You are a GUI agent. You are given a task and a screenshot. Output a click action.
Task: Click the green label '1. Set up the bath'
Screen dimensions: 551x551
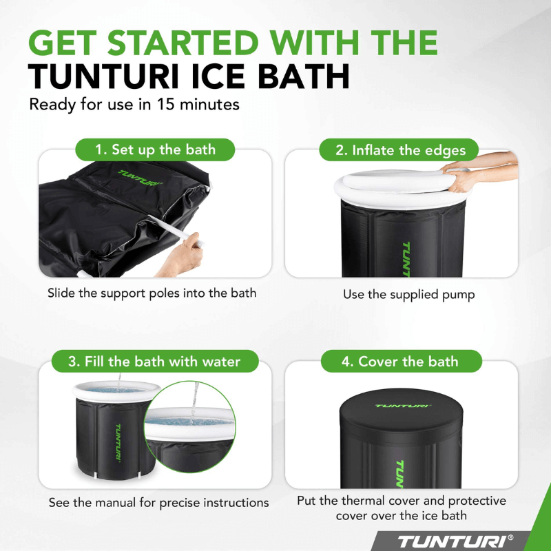point(155,149)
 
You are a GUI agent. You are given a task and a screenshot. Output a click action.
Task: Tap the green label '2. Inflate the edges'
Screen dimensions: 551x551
point(401,149)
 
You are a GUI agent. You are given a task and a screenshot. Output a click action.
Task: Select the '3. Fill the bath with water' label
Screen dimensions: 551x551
point(155,361)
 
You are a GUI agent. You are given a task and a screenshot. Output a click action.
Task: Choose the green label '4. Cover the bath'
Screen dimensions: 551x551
point(401,361)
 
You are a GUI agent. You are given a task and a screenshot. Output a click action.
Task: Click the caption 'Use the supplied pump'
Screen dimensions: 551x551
point(409,294)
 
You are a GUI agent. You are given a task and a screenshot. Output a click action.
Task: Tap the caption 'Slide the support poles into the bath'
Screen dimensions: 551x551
point(152,293)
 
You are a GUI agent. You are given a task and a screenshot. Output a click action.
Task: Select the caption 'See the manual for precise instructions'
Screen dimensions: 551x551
point(158,503)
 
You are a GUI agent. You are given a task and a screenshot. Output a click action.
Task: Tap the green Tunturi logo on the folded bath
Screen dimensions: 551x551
point(139,178)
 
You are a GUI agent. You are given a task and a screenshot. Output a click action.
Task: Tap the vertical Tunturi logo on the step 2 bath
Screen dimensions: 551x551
point(405,258)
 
